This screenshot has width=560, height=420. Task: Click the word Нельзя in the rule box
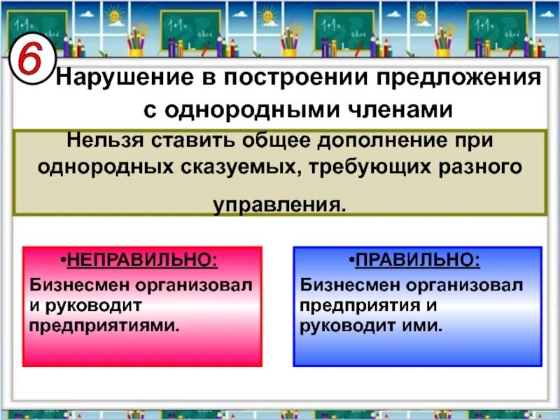pos(100,139)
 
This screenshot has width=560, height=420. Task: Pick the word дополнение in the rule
pos(384,139)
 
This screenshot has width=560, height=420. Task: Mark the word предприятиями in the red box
pos(104,325)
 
